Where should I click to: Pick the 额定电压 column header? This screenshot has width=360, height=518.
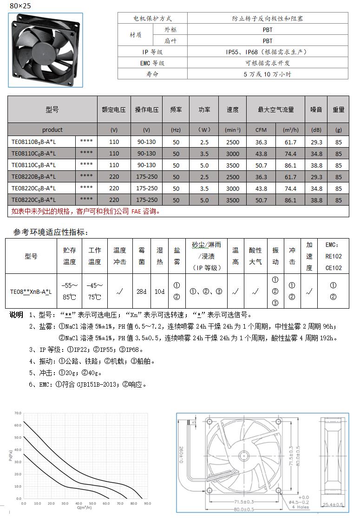(x=114, y=110)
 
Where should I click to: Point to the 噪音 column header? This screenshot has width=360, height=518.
(x=316, y=110)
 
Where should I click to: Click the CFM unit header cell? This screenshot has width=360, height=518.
(x=261, y=130)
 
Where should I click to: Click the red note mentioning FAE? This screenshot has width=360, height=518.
(x=86, y=211)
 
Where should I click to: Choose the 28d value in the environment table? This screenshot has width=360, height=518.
(x=142, y=291)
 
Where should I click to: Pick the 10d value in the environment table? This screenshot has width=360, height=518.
(x=160, y=291)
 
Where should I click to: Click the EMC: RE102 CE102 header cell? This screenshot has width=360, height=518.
(x=333, y=256)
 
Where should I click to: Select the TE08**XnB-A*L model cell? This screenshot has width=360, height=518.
(x=31, y=292)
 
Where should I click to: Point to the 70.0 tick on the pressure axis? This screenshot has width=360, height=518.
(x=18, y=413)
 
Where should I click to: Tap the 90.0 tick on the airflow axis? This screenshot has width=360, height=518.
(x=147, y=503)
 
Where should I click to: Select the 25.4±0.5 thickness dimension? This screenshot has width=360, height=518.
(x=333, y=505)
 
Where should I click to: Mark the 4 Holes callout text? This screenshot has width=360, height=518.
(x=301, y=508)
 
